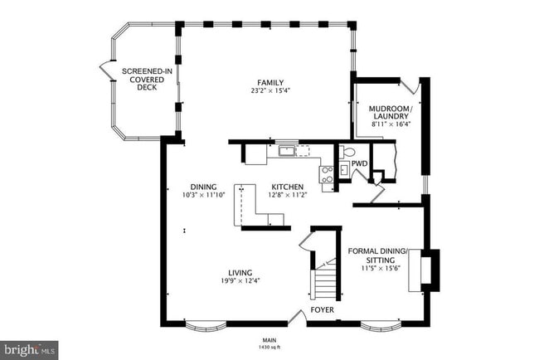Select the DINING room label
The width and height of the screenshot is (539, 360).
202,187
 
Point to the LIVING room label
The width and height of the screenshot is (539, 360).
241,273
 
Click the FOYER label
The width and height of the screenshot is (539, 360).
323,310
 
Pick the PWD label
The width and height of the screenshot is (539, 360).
359,164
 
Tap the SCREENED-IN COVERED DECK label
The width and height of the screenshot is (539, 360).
147,80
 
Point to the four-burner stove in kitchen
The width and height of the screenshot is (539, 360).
327,174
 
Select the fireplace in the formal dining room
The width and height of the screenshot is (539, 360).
430,267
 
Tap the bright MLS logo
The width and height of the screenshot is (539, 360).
29,350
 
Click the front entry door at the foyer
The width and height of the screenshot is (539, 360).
297,317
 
